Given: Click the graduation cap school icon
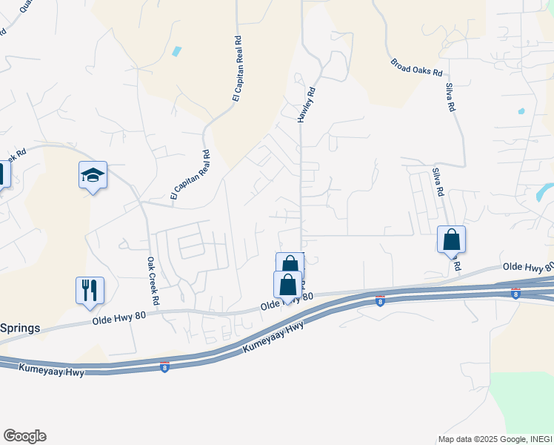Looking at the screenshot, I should click(x=93, y=176).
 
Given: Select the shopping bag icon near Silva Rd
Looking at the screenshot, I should click(x=451, y=240).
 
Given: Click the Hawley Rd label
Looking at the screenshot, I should click(x=307, y=105).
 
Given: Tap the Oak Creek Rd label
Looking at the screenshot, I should click(x=153, y=282).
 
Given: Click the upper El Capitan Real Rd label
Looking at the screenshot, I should click(x=238, y=67).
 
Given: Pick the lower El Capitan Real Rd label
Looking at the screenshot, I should click(x=190, y=175).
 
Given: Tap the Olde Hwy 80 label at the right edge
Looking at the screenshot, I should click(x=527, y=266).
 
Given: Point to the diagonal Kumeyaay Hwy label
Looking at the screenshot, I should click(x=273, y=338).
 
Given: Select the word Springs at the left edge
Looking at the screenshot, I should click(x=20, y=328).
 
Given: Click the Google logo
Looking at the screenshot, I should click(x=24, y=436).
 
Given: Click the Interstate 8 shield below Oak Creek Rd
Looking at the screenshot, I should click(x=164, y=366).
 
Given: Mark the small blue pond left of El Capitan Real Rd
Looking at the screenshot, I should click(x=176, y=52).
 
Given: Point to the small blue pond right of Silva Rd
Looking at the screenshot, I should click(x=521, y=111).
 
